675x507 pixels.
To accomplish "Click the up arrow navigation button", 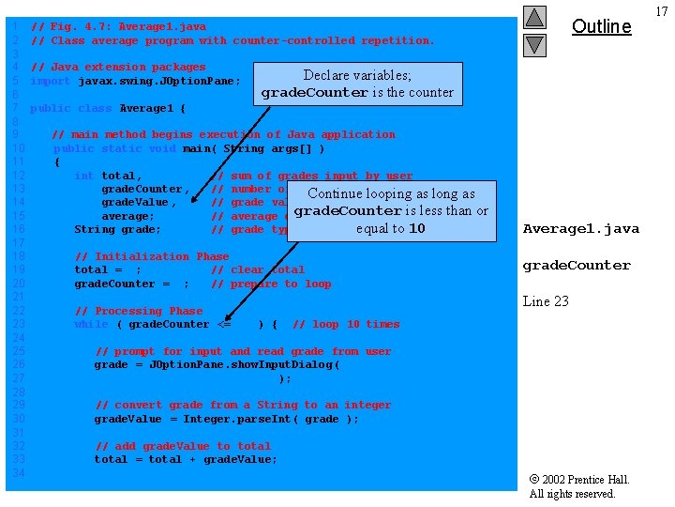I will point(534,17).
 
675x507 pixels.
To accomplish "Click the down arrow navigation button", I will point(534,44).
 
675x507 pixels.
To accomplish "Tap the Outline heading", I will point(601,26).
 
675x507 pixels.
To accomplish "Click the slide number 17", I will point(661,11).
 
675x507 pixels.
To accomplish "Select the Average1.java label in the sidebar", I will point(580,228).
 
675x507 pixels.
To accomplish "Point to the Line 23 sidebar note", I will point(545,301).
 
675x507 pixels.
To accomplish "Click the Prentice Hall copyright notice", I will point(578,486).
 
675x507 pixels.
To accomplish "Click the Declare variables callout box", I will point(357,84).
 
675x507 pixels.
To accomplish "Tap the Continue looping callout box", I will point(391,211).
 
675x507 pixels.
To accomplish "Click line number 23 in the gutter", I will point(17,324).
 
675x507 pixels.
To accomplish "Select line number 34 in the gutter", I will point(17,472).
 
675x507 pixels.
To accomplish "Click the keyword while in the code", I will point(91,324).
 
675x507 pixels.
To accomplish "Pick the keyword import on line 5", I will point(50,81).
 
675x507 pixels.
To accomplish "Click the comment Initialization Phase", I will point(152,256).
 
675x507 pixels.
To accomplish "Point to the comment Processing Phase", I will point(138,311).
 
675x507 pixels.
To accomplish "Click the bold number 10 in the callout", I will point(417,228).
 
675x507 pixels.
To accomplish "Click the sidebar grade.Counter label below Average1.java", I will point(577,266).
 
